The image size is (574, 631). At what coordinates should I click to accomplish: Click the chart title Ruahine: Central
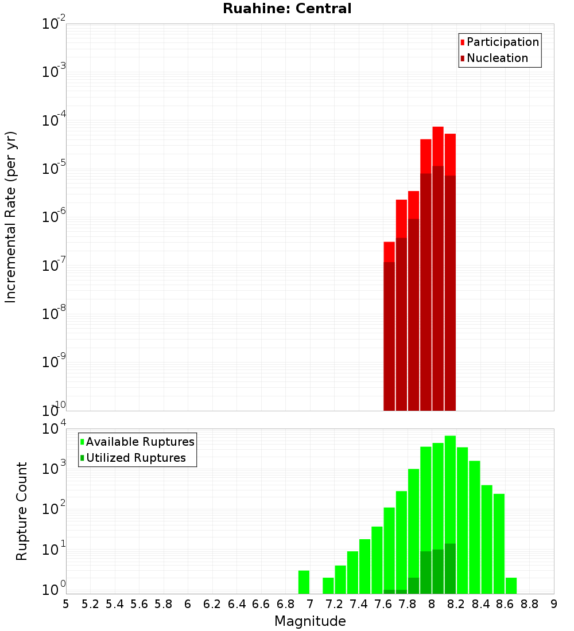pyautogui.click(x=287, y=9)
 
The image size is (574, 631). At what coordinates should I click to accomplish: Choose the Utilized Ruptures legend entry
pyautogui.click(x=135, y=458)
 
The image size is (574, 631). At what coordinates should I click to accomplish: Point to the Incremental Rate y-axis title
pyautogui.click(x=11, y=217)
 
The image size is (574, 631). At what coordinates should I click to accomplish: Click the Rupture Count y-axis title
pyautogui.click(x=22, y=511)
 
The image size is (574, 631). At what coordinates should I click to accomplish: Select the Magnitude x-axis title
pyautogui.click(x=310, y=621)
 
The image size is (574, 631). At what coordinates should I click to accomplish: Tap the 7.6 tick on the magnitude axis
pyautogui.click(x=383, y=604)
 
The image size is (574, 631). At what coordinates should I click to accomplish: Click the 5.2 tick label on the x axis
pyautogui.click(x=90, y=604)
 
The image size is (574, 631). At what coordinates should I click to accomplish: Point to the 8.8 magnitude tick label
pyautogui.click(x=530, y=604)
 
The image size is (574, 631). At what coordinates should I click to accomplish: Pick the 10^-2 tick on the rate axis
pyautogui.click(x=55, y=24)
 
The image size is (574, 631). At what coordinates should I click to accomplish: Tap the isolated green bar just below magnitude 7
pyautogui.click(x=304, y=582)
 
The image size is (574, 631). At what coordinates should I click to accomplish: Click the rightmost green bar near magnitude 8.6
pyautogui.click(x=511, y=585)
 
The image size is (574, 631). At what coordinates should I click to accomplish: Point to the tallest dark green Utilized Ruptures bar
pyautogui.click(x=450, y=568)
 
